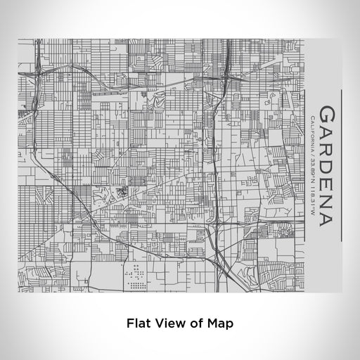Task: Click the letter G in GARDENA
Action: pyautogui.click(x=327, y=115)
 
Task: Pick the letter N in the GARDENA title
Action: pyautogui.click(x=327, y=199)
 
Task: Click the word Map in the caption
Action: pyautogui.click(x=220, y=323)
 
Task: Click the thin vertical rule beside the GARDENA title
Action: pyautogui.click(x=341, y=166)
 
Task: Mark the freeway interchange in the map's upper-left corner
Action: pyautogui.click(x=39, y=71)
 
